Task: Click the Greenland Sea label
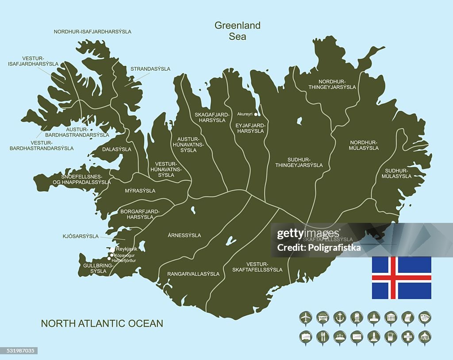click(x=238, y=31)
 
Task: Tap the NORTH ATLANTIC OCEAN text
click(x=102, y=323)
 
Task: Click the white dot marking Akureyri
click(x=256, y=114)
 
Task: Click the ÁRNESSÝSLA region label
click(x=184, y=235)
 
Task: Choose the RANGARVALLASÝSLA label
click(x=193, y=274)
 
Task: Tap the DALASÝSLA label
click(x=117, y=149)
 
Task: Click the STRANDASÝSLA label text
click(x=150, y=69)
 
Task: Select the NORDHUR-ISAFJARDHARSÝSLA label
click(x=92, y=32)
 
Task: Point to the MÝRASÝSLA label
click(x=140, y=191)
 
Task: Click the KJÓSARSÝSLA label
click(x=81, y=236)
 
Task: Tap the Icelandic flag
click(x=401, y=278)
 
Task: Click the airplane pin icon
click(x=306, y=317)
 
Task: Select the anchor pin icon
click(x=340, y=317)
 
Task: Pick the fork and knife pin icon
click(x=323, y=337)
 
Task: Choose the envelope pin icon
click(x=357, y=337)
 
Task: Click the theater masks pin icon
click(x=425, y=317)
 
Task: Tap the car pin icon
click(x=323, y=317)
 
